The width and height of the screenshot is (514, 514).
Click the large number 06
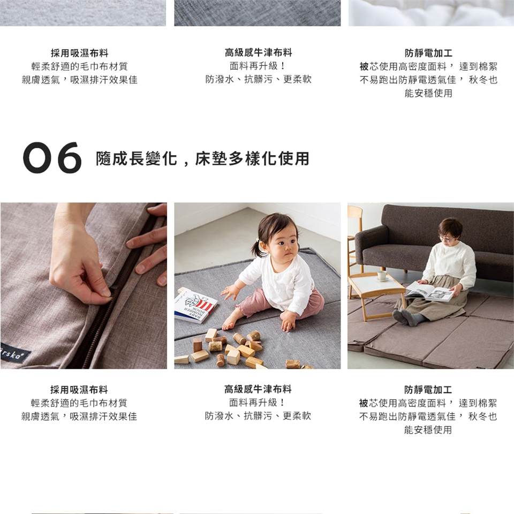point(52,157)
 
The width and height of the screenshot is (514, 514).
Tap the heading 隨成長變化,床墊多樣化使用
point(202,158)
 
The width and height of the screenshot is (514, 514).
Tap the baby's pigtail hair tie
point(258,240)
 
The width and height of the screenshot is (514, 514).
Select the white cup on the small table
point(382,276)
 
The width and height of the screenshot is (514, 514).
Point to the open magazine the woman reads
point(429,291)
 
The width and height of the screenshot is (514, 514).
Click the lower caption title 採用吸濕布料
point(79,390)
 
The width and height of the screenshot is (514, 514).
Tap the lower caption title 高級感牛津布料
point(258,389)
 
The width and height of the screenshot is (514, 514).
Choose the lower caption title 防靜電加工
point(428,390)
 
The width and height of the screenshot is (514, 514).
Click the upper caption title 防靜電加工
point(428,53)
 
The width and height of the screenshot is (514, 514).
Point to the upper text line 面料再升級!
point(258,66)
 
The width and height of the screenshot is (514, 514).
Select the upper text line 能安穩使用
point(428,93)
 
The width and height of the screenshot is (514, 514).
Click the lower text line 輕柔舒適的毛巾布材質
point(79,403)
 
